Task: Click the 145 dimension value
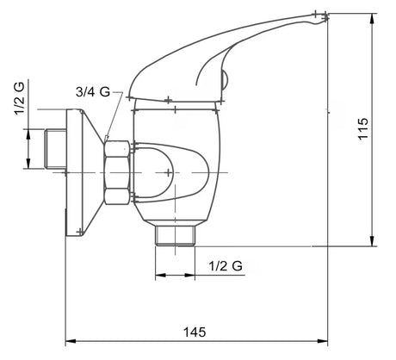(x=195, y=332)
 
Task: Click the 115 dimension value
(x=363, y=128)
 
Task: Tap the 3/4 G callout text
(x=93, y=92)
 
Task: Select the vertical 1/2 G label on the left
(x=20, y=97)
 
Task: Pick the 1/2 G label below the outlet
(x=226, y=266)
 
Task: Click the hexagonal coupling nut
(x=117, y=172)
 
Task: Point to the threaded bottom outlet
(x=175, y=236)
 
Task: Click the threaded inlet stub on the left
(x=56, y=148)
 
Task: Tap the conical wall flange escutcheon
(x=84, y=172)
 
